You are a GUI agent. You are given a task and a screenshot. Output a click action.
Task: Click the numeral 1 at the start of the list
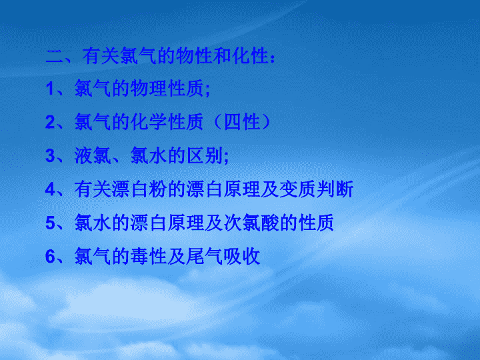(51, 89)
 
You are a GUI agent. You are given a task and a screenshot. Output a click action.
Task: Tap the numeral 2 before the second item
(51, 122)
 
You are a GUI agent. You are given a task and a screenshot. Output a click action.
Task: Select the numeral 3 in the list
(51, 156)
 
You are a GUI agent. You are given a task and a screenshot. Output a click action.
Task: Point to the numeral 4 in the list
(51, 189)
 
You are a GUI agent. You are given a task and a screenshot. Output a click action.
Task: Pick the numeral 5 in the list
(51, 223)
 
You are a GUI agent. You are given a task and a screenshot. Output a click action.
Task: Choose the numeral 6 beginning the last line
(51, 257)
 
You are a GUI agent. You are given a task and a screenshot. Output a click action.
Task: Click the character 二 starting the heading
(55, 56)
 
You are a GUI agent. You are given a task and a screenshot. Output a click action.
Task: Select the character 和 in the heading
(223, 56)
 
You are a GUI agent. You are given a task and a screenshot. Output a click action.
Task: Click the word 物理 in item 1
(149, 89)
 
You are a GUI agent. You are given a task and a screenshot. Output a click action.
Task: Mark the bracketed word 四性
(243, 122)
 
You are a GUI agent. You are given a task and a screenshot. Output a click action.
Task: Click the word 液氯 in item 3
(93, 155)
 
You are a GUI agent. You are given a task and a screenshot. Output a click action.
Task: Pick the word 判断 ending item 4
(335, 189)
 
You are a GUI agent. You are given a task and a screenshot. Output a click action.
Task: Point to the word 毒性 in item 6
(149, 256)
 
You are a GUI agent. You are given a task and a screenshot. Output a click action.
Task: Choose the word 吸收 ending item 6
(243, 256)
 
